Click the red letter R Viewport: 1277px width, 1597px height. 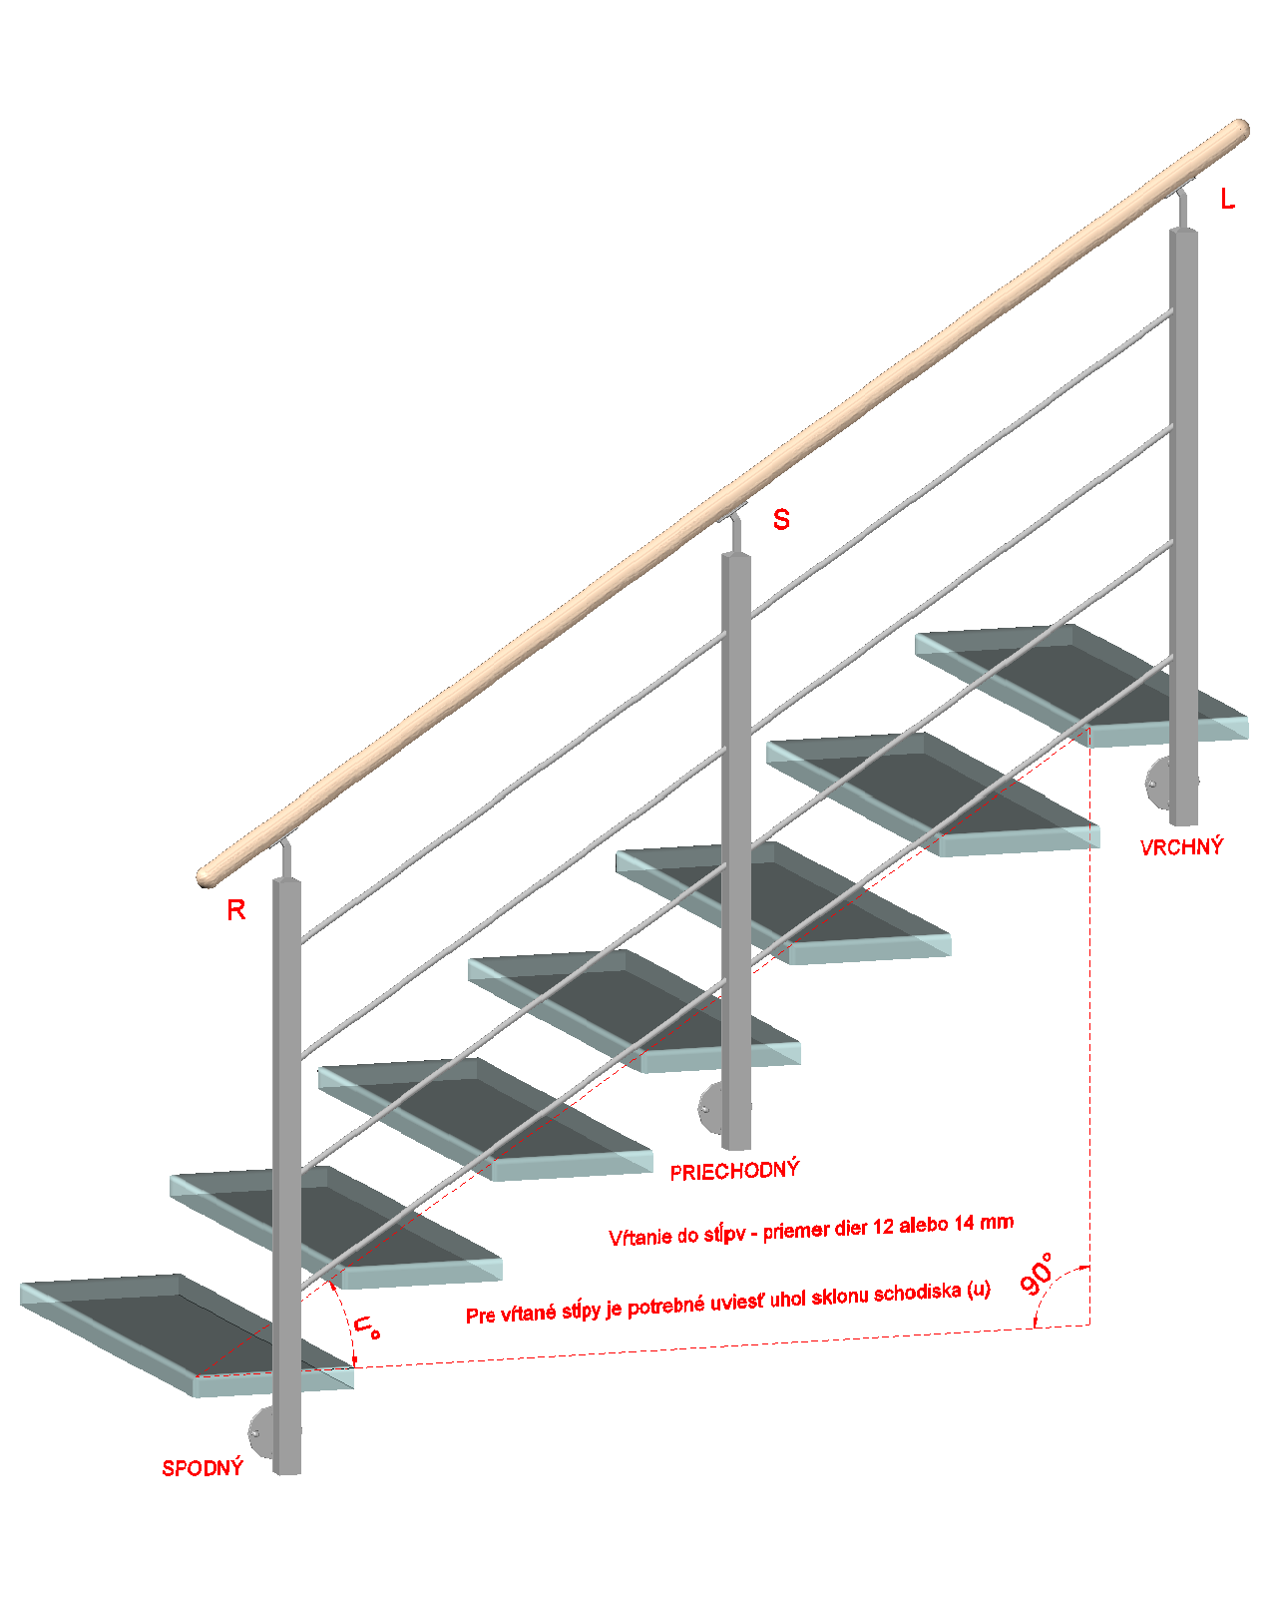[x=236, y=910]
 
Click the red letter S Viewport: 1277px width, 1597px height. [x=781, y=519]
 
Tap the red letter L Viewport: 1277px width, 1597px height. [x=1228, y=199]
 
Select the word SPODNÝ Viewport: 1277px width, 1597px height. [x=203, y=1467]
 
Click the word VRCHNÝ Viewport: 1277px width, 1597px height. [x=1181, y=846]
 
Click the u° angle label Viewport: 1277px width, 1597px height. [x=366, y=1328]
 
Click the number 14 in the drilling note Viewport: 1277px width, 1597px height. [x=963, y=1223]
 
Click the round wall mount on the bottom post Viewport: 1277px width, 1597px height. [x=261, y=1433]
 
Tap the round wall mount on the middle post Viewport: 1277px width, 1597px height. [x=711, y=1108]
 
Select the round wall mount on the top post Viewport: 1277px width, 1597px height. [x=1158, y=784]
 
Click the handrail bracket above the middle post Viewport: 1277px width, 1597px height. [x=734, y=528]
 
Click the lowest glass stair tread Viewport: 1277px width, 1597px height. [x=187, y=1335]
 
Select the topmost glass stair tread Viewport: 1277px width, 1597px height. [x=1081, y=685]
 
